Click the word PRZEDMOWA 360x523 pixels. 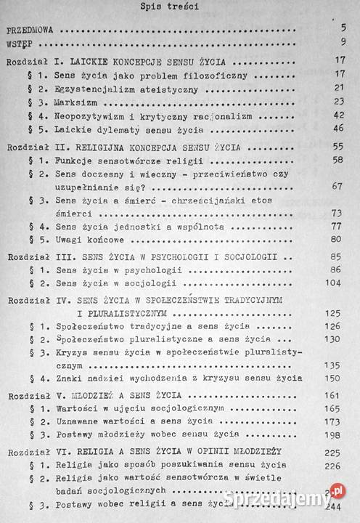click(31, 33)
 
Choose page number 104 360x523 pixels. click(335, 284)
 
